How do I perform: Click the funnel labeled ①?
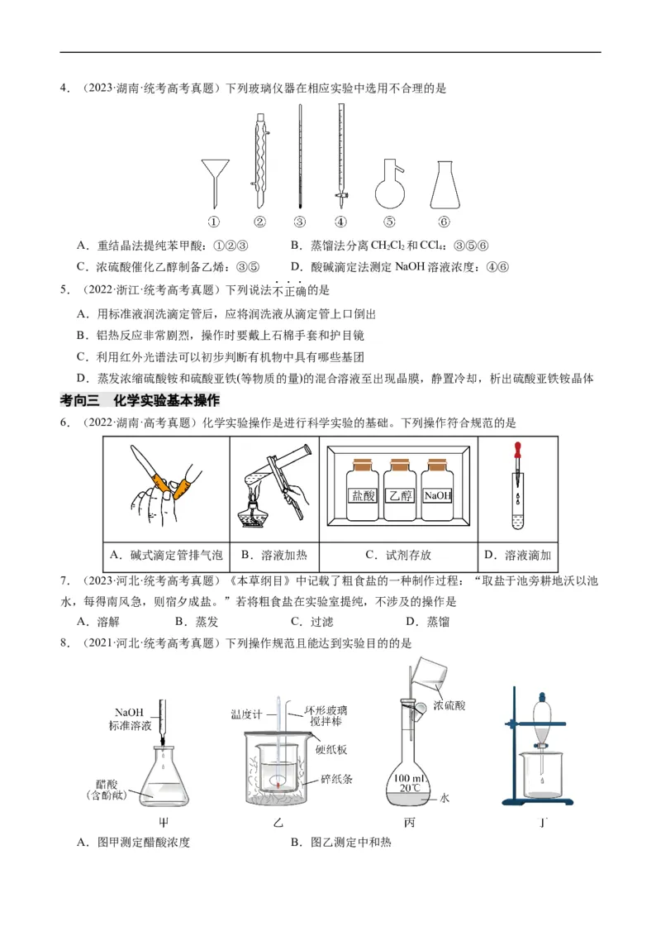point(214,178)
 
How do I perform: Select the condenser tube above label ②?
point(259,157)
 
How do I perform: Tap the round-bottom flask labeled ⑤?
point(389,185)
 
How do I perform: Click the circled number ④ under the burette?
point(340,222)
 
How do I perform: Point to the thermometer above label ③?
point(299,157)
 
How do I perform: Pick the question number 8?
point(64,642)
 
